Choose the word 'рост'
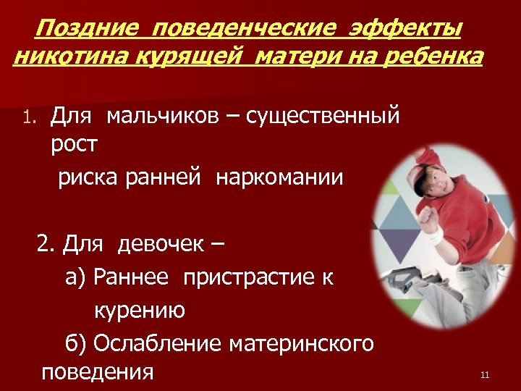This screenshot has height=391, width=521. click(74, 143)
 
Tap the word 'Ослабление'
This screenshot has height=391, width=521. click(157, 342)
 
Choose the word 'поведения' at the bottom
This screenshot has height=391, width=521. click(98, 372)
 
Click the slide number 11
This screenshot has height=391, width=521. click(485, 374)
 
